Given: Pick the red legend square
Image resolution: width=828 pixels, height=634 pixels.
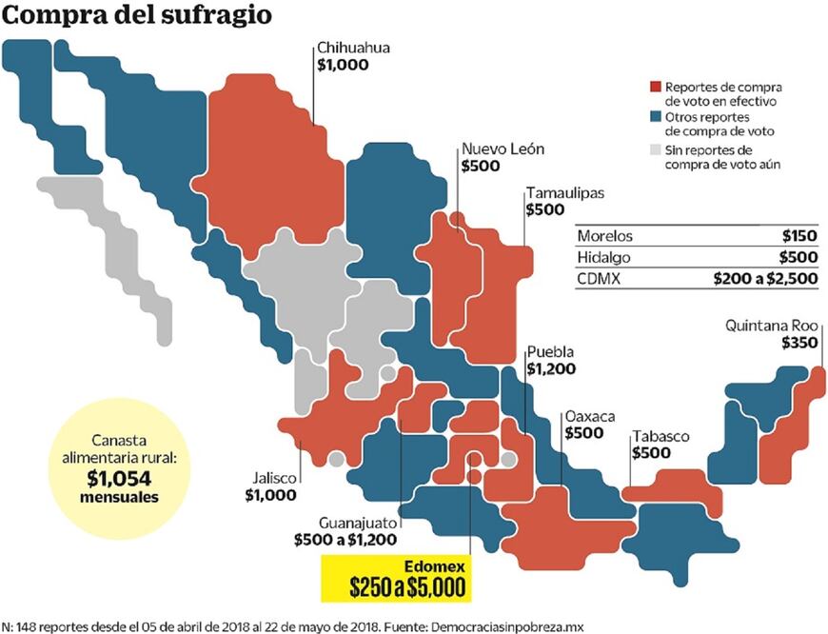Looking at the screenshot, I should (654, 86).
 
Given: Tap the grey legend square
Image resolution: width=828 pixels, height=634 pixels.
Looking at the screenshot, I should (654, 149).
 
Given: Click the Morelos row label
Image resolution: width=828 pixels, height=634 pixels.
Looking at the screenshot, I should (605, 236).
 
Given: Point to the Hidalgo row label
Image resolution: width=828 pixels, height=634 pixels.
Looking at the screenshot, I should (605, 257).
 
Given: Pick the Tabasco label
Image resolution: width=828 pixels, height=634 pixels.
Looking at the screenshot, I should (660, 436).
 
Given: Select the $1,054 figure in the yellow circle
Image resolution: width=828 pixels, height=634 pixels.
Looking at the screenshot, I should (120, 480).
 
